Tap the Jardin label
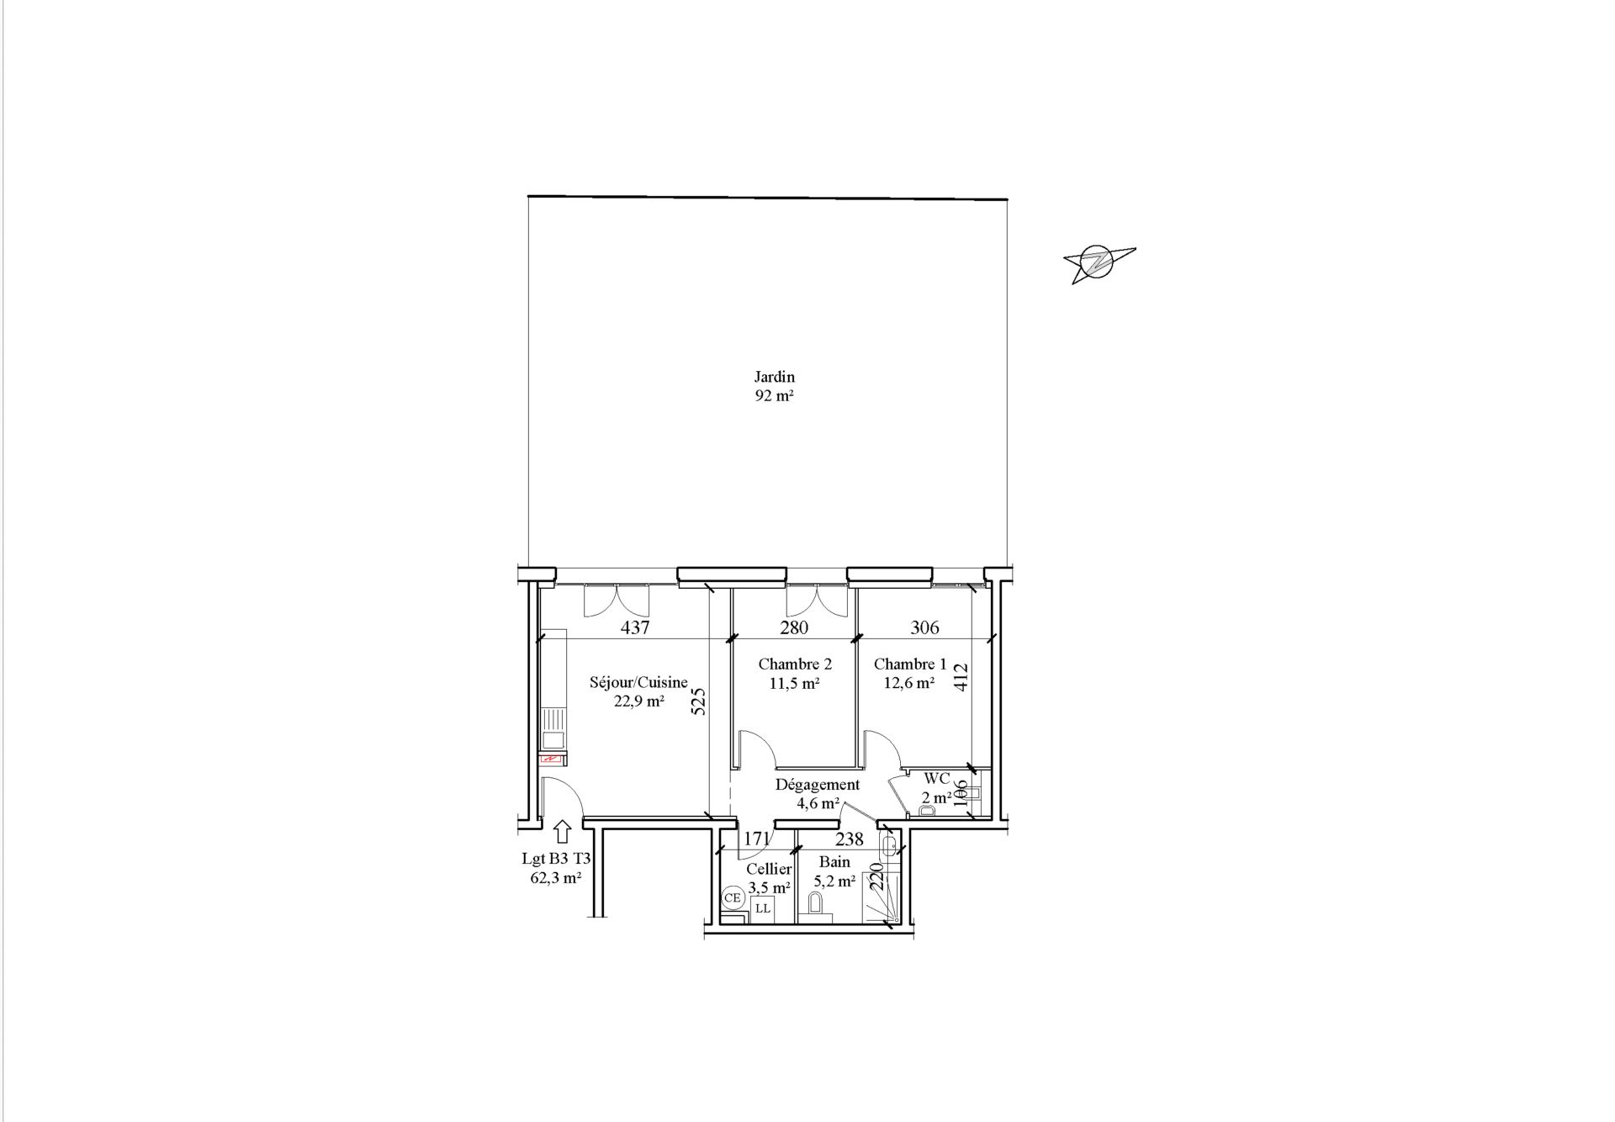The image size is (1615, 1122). [775, 377]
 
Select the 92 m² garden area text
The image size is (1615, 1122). [775, 396]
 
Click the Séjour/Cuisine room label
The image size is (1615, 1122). [638, 683]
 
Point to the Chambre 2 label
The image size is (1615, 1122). [795, 664]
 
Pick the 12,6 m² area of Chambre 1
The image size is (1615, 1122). [909, 684]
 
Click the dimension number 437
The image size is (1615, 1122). [635, 627]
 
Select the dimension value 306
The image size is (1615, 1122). [925, 627]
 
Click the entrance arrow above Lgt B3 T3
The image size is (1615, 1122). [563, 832]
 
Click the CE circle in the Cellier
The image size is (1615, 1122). [733, 897]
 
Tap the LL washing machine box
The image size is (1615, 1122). [763, 908]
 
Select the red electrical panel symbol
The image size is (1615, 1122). [551, 758]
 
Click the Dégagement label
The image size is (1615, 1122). [818, 785]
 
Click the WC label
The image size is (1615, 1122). [937, 779]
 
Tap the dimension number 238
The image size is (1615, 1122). [850, 839]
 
